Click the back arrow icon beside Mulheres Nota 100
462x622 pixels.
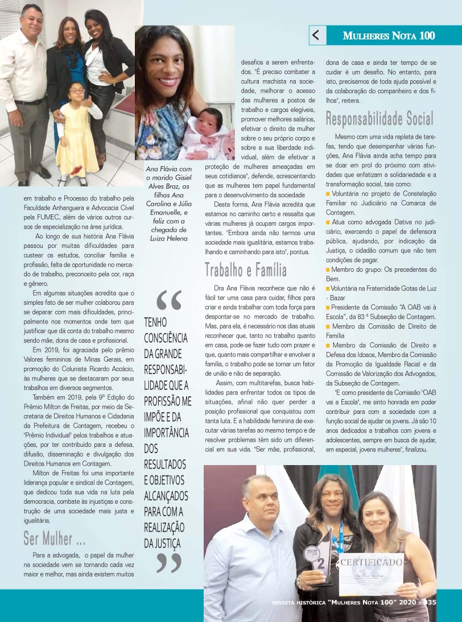click(317, 35)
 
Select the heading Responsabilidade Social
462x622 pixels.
click(379, 119)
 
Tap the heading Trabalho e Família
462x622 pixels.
click(246, 269)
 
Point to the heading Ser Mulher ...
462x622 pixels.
click(55, 537)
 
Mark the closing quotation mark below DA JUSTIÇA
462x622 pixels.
click(168, 563)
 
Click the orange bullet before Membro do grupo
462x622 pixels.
click(328, 269)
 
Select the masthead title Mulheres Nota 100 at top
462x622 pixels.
click(389, 36)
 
